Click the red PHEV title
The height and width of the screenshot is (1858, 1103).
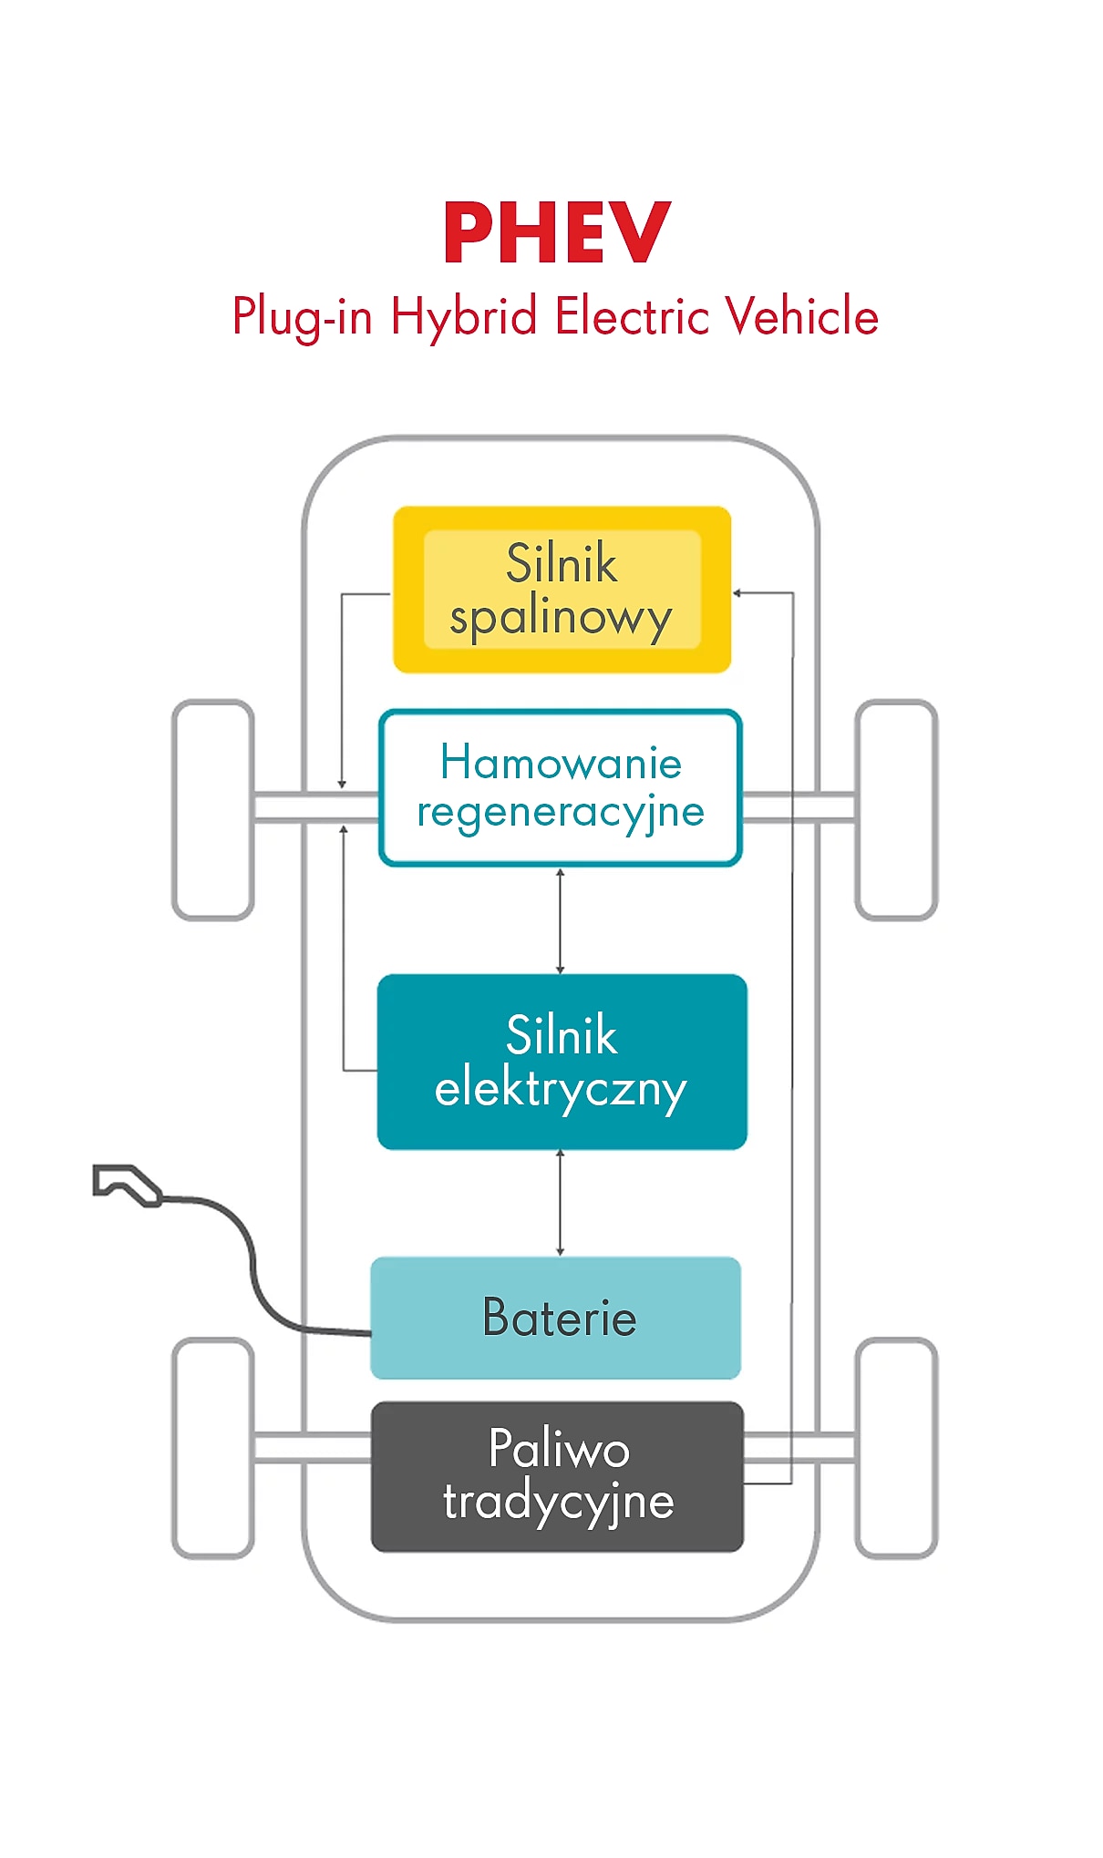tap(557, 233)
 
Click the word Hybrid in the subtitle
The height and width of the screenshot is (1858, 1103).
tap(463, 317)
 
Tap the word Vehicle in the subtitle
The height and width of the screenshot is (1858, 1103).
tap(802, 316)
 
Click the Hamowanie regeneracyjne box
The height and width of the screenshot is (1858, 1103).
tap(561, 787)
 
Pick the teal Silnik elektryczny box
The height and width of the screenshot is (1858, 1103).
tap(562, 1062)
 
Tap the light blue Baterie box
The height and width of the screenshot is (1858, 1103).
tap(556, 1318)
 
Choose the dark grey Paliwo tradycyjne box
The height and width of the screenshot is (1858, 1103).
tap(557, 1476)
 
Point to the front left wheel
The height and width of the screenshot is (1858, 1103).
tap(213, 809)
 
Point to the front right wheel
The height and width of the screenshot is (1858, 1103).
tap(896, 809)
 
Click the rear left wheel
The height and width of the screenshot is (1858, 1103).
tap(213, 1447)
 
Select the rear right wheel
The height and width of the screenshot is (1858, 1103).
tap(896, 1447)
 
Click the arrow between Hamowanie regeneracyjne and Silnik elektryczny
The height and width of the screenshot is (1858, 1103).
tap(560, 920)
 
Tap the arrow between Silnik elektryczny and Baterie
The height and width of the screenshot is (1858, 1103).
tap(560, 1203)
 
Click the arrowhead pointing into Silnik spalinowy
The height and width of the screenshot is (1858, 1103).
tap(737, 593)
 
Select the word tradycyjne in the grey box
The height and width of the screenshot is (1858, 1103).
tap(558, 1502)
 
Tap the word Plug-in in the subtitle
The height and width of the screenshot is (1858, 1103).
tap(302, 317)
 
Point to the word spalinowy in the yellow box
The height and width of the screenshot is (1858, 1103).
tap(561, 618)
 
